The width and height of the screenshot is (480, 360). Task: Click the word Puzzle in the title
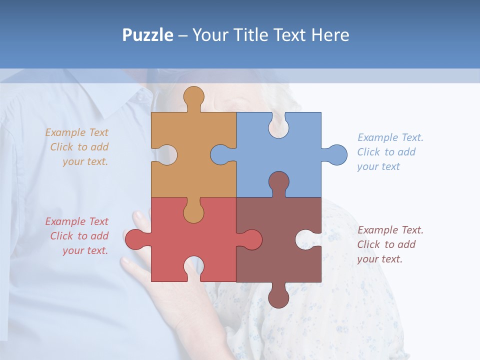pos(147,35)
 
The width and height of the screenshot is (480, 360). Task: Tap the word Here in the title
pos(330,35)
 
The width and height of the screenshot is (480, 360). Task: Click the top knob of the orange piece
pos(193,96)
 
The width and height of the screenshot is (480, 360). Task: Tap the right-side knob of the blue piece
pos(337,155)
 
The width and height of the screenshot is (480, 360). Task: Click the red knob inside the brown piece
pos(252,239)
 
